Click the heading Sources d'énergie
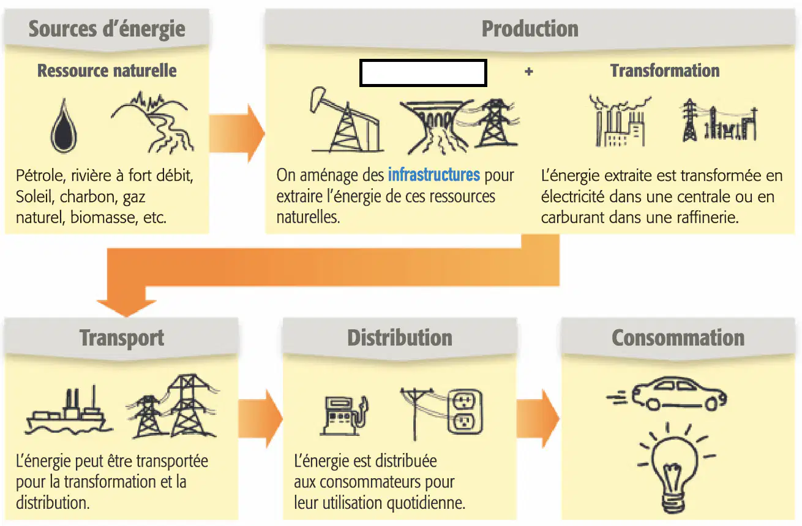coord(107,29)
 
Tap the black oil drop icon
coord(64,126)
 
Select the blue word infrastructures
coord(434,175)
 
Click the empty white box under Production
coord(423,73)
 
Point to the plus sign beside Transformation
coord(529,72)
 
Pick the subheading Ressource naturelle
coord(107,71)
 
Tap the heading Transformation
coord(665,71)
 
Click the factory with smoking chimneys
coord(620,121)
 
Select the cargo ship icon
coord(68,411)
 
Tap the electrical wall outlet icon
coord(465,411)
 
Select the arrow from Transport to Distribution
coord(260,419)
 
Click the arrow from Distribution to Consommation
coord(538,419)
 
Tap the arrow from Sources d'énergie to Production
coord(237,134)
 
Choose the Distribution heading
coord(400,338)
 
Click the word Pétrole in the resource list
coord(40,176)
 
